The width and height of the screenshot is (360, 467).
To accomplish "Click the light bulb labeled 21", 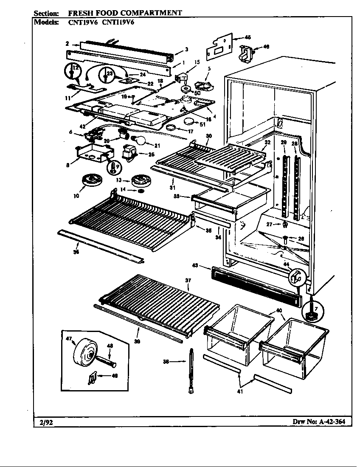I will point(140,140).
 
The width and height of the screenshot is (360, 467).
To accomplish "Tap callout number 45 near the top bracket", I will point(248,37).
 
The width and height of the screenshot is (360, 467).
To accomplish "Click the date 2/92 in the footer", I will point(43,422).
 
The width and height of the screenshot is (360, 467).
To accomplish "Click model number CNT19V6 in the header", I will point(82,23).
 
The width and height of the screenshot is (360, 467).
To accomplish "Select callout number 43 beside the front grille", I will point(195,266).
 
